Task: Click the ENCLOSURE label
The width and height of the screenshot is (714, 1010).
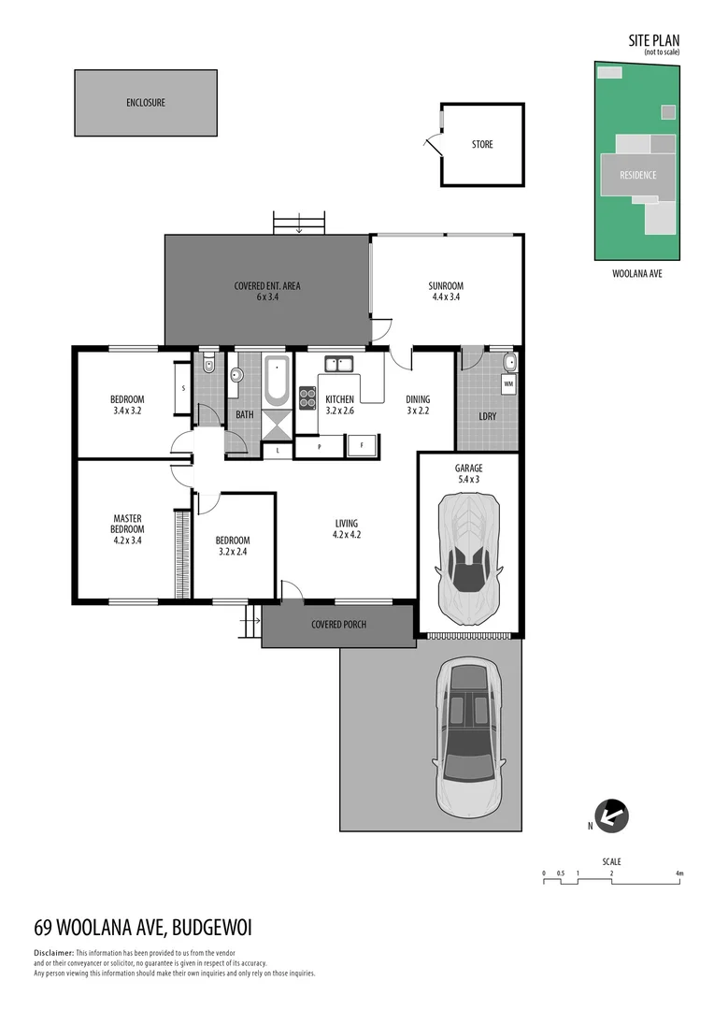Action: (x=146, y=102)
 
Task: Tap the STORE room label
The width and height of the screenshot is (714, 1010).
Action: (x=482, y=144)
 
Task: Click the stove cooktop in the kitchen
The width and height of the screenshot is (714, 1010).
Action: (x=307, y=397)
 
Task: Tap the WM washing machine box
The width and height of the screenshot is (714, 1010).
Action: (x=508, y=384)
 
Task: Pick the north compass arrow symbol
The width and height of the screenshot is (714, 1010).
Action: (x=612, y=816)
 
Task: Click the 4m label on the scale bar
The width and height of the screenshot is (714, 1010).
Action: (x=679, y=873)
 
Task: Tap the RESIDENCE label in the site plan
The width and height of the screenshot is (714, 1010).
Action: (x=637, y=175)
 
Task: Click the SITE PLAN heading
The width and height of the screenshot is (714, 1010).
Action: (x=653, y=40)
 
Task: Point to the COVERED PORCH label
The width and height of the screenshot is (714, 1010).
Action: (x=338, y=625)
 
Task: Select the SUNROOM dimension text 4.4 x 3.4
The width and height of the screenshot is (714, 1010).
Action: (x=446, y=297)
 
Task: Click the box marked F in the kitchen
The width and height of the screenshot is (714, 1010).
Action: (x=362, y=446)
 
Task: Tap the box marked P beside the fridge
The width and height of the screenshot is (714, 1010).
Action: (x=319, y=447)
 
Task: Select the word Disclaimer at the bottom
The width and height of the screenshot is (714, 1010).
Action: (x=53, y=952)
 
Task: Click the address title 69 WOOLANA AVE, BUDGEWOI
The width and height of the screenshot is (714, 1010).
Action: (x=143, y=928)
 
